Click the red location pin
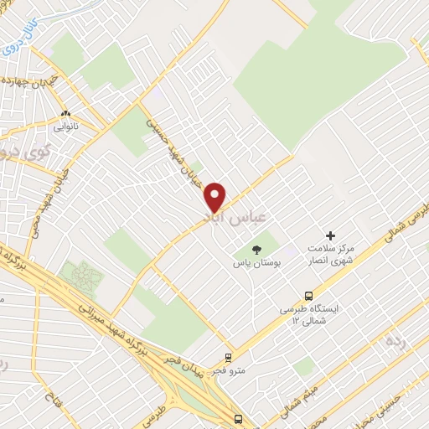[x=216, y=197]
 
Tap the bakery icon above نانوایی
[x=65, y=115]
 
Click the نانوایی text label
[x=65, y=128]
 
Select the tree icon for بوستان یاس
[x=256, y=249]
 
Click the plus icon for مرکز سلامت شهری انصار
[x=330, y=237]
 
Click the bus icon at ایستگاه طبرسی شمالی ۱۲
[x=309, y=295]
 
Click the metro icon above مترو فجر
[x=227, y=356]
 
